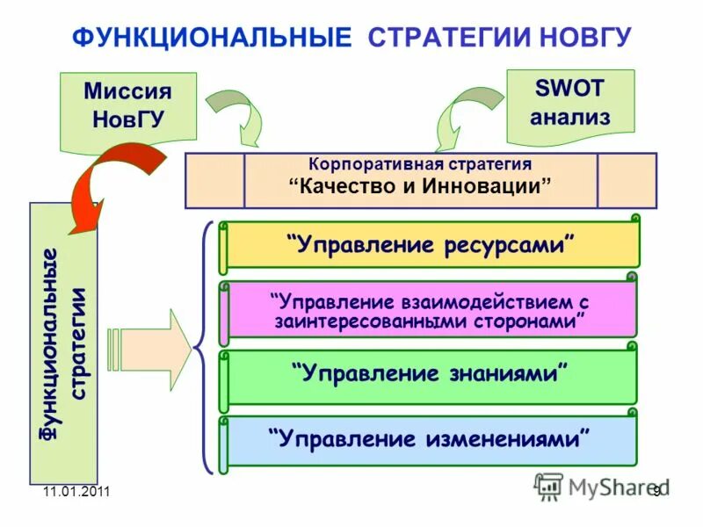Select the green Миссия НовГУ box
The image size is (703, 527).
pos(127,106)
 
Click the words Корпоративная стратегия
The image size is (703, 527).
pos(420,164)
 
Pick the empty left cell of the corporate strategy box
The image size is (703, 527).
pos(214,180)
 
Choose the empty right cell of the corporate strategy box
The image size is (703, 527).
pos(626,180)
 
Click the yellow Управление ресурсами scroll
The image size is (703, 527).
pos(431,244)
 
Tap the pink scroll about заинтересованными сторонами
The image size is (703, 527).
pos(431,310)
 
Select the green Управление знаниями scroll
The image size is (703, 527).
pos(431,373)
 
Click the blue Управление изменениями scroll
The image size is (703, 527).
pos(431,438)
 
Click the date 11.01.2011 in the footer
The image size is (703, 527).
pos(76,492)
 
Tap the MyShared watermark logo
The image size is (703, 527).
pos(601,486)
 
